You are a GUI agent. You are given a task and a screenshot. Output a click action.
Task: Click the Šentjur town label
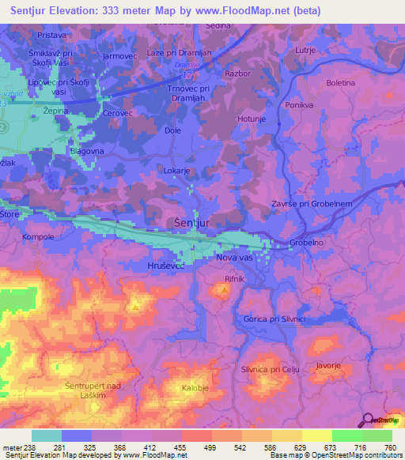point(191,224)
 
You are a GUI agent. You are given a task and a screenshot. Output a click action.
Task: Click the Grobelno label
point(307,243)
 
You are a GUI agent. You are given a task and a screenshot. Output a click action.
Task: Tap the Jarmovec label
point(120,56)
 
